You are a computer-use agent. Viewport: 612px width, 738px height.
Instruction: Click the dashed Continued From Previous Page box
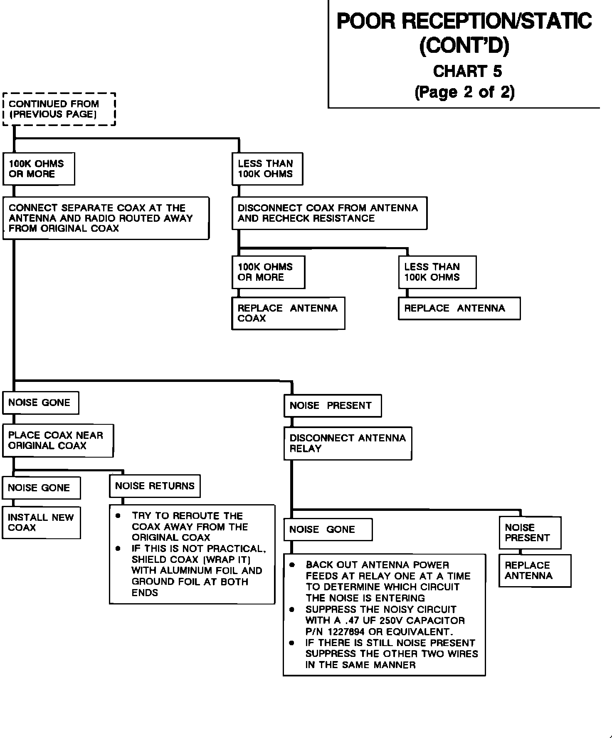tap(59, 109)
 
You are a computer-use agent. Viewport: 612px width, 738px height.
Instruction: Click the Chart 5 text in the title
tap(467, 72)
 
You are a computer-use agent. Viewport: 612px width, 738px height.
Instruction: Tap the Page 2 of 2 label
tap(464, 92)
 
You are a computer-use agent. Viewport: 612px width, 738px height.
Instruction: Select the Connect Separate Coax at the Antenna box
tap(106, 218)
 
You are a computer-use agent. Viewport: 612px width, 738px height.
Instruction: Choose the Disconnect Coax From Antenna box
tap(329, 213)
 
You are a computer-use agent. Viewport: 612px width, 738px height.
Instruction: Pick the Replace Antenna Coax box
tap(288, 313)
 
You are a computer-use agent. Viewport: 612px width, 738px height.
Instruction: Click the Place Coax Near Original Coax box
tap(58, 440)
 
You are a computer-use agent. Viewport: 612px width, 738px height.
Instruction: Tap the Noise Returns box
tap(155, 486)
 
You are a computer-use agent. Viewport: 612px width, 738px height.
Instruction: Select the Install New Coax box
tap(41, 523)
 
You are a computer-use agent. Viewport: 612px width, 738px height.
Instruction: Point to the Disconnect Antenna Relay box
tap(348, 443)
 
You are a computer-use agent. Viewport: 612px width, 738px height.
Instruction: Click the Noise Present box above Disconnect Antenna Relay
tap(333, 406)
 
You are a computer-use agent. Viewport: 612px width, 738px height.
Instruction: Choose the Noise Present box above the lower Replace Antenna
tap(530, 532)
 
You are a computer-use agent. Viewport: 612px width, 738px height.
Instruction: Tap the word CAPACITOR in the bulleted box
tap(435, 620)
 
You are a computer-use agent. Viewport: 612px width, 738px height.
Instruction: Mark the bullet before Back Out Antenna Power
tap(292, 565)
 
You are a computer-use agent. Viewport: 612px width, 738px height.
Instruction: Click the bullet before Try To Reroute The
tap(118, 516)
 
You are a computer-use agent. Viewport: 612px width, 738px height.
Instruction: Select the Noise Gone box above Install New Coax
tap(41, 488)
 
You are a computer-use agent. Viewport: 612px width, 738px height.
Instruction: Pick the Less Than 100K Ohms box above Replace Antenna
tap(437, 272)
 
